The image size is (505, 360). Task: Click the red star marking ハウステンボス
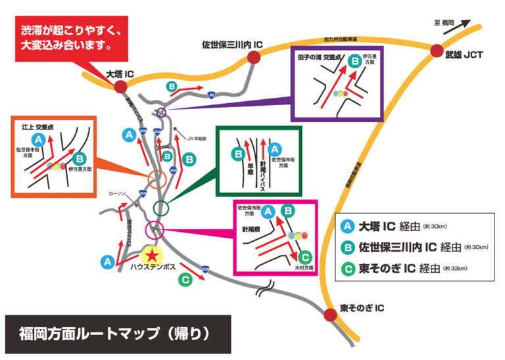click(153, 254)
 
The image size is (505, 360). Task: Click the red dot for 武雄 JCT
click(437, 51)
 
